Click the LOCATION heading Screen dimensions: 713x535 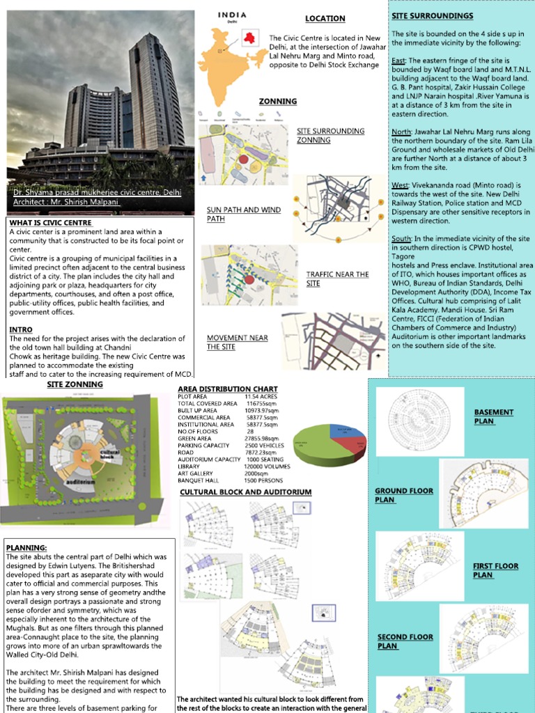(x=325, y=19)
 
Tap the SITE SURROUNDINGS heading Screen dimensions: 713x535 (x=432, y=16)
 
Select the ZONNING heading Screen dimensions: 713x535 (x=278, y=102)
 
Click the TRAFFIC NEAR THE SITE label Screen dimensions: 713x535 (x=337, y=279)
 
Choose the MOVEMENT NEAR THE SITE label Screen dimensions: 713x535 (x=237, y=342)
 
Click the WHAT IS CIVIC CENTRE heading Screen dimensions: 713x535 (x=50, y=223)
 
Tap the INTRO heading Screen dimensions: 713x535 (x=21, y=329)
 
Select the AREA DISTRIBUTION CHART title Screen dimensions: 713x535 (x=228, y=389)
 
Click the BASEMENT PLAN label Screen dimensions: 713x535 (x=493, y=416)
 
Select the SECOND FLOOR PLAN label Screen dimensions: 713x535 (x=405, y=641)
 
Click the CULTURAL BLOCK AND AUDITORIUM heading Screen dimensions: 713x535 (x=246, y=492)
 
